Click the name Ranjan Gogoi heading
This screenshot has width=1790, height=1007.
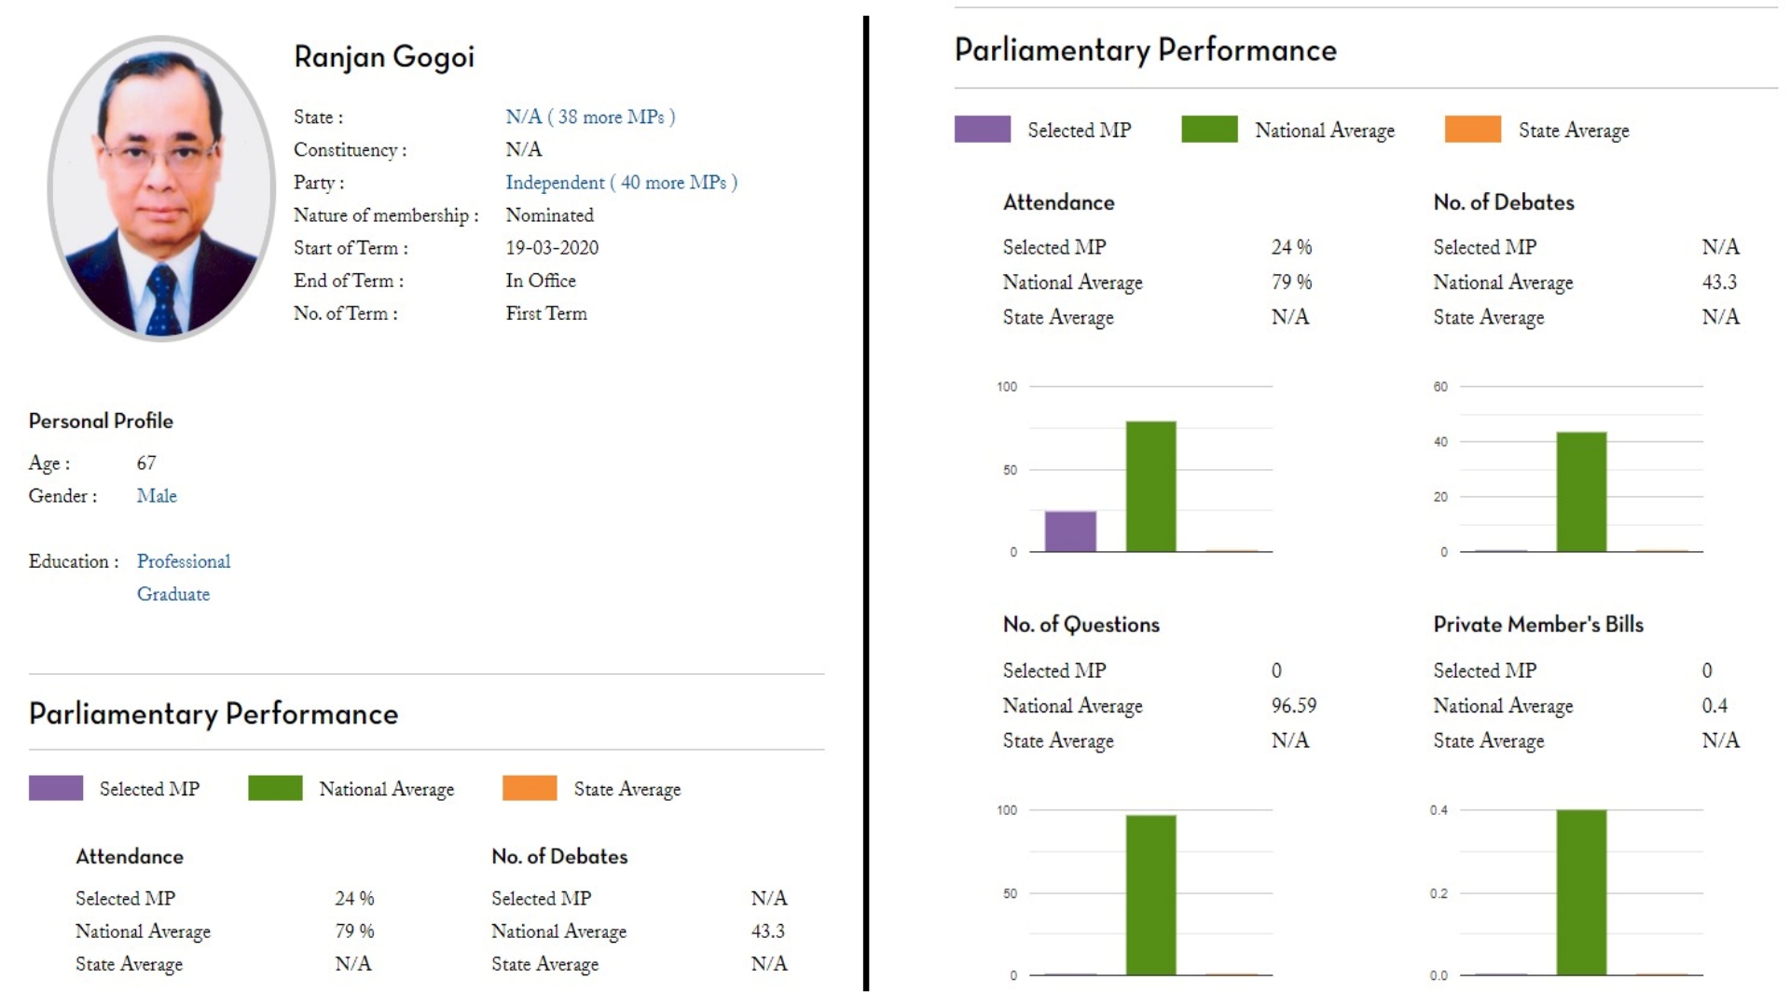[384, 58]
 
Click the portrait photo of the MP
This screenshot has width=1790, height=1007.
[161, 188]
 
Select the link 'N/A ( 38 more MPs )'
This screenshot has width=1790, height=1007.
[590, 117]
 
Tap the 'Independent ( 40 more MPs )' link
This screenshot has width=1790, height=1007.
[621, 183]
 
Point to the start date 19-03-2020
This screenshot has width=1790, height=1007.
[552, 248]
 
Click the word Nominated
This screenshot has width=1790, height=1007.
[549, 215]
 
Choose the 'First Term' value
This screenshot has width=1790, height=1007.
[546, 313]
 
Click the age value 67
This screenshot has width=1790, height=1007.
[146, 463]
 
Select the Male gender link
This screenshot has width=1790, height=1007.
[157, 496]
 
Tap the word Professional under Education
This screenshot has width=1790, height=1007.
[184, 561]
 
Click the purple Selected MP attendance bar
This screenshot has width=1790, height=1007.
[1070, 531]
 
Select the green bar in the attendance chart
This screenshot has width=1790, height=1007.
[1150, 487]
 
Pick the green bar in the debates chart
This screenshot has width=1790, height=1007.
[1581, 491]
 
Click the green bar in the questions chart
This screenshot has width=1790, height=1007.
[1150, 895]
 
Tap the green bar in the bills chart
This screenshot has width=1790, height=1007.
[1581, 892]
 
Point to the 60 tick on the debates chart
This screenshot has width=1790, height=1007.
[1440, 387]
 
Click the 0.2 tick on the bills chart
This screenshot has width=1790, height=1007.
[1439, 893]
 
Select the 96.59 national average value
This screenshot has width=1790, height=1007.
[1294, 706]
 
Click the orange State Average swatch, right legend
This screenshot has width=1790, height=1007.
[1472, 130]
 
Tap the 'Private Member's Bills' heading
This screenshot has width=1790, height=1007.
[1538, 625]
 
